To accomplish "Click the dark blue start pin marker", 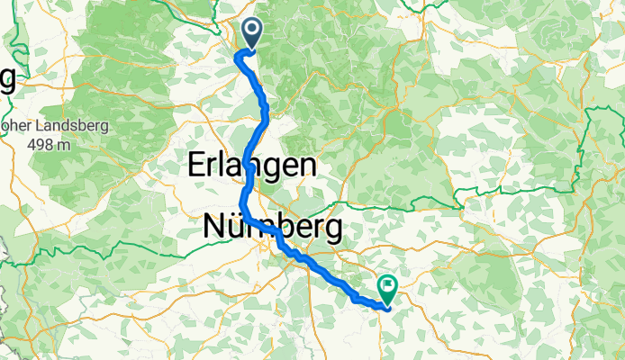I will click(x=249, y=34).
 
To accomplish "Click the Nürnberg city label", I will click(x=273, y=228).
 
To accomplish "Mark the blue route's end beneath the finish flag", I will click(x=387, y=307).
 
